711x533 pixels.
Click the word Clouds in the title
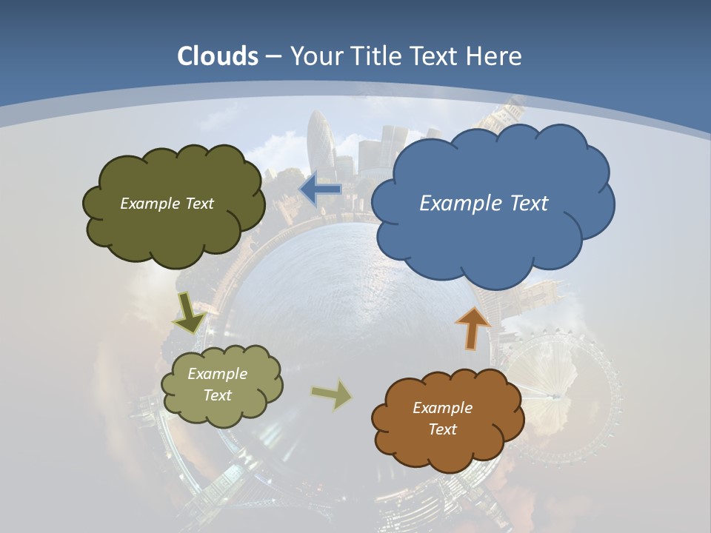[x=218, y=56]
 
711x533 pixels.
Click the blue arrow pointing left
[x=320, y=190]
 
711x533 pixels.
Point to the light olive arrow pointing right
[x=331, y=394]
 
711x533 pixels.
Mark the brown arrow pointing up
[x=473, y=327]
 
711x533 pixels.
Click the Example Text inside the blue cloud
[x=484, y=204]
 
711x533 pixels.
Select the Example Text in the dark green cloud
[x=167, y=204]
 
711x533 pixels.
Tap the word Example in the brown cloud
[x=442, y=408]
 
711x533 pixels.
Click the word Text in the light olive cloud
[x=218, y=395]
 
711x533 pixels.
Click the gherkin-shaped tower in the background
[x=321, y=141]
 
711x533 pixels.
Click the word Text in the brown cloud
[x=442, y=429]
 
